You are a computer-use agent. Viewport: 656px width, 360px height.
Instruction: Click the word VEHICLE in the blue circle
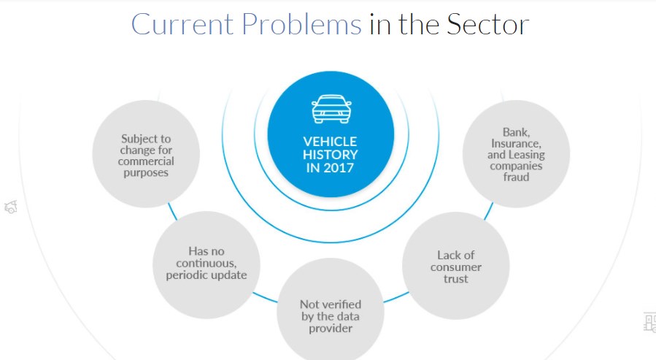331,142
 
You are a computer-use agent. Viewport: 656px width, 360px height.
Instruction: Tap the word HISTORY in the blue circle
331,155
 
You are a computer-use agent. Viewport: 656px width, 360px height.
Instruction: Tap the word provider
331,329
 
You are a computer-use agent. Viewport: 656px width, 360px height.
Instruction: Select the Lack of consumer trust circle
456,267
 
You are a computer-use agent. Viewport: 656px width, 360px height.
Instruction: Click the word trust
455,279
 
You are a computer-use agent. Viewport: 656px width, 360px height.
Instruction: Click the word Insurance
517,144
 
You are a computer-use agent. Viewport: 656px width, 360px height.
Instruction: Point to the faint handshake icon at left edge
10,207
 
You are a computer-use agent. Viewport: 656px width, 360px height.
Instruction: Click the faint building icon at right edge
649,321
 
